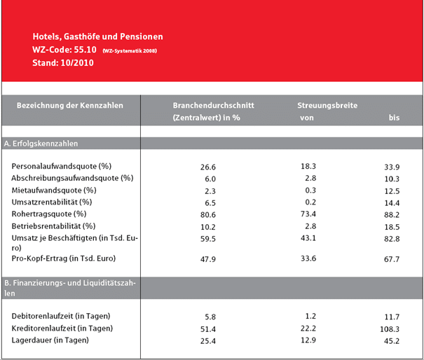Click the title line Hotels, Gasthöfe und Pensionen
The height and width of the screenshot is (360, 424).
coord(97,36)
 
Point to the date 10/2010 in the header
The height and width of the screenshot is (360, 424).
coord(77,63)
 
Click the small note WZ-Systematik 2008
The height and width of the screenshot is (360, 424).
coord(130,51)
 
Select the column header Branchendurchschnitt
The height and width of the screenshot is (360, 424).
coord(213,105)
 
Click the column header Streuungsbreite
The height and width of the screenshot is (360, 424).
coord(327,105)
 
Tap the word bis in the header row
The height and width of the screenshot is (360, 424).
coord(394,118)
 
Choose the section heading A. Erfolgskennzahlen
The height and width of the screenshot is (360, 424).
coord(41,144)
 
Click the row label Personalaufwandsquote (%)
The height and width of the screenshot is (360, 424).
coord(62,166)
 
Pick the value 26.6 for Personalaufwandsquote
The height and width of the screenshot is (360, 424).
coord(208,167)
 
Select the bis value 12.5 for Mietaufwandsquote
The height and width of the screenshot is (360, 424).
coord(392,191)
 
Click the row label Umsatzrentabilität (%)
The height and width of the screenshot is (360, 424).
coord(52,202)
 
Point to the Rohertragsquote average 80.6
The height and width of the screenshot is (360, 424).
coord(208,215)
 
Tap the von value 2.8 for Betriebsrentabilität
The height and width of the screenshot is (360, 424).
coord(310,226)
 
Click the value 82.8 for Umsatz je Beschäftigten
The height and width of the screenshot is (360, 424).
coord(392,239)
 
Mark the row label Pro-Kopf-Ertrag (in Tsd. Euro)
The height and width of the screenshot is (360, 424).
coord(64,258)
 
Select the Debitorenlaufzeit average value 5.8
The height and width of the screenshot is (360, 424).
coord(210,317)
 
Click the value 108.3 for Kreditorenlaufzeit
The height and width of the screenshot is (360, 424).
coord(390,329)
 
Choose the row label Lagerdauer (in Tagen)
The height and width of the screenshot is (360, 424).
coord(50,340)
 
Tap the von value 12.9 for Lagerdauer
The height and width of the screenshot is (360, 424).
coord(308,340)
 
